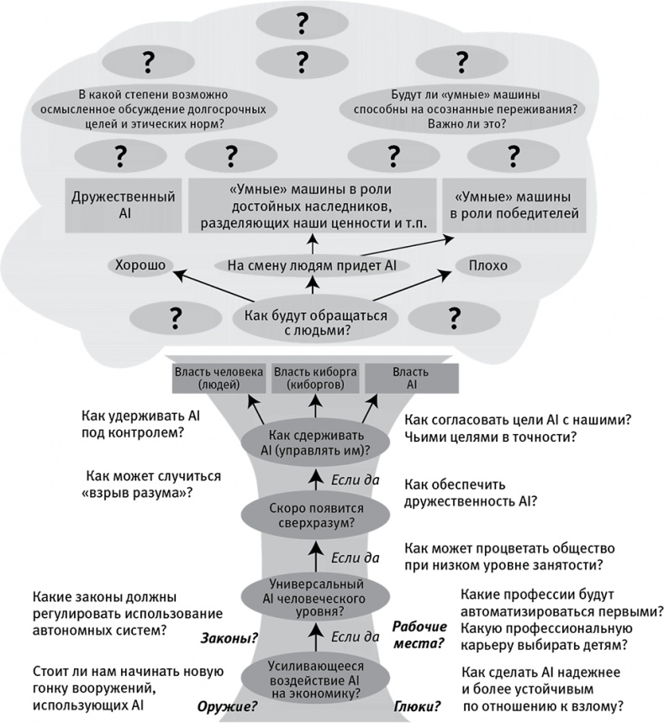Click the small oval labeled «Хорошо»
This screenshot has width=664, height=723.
[x=139, y=266]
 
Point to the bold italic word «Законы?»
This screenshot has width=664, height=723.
[x=229, y=638]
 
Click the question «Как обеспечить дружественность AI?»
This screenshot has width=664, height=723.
[x=471, y=493]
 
